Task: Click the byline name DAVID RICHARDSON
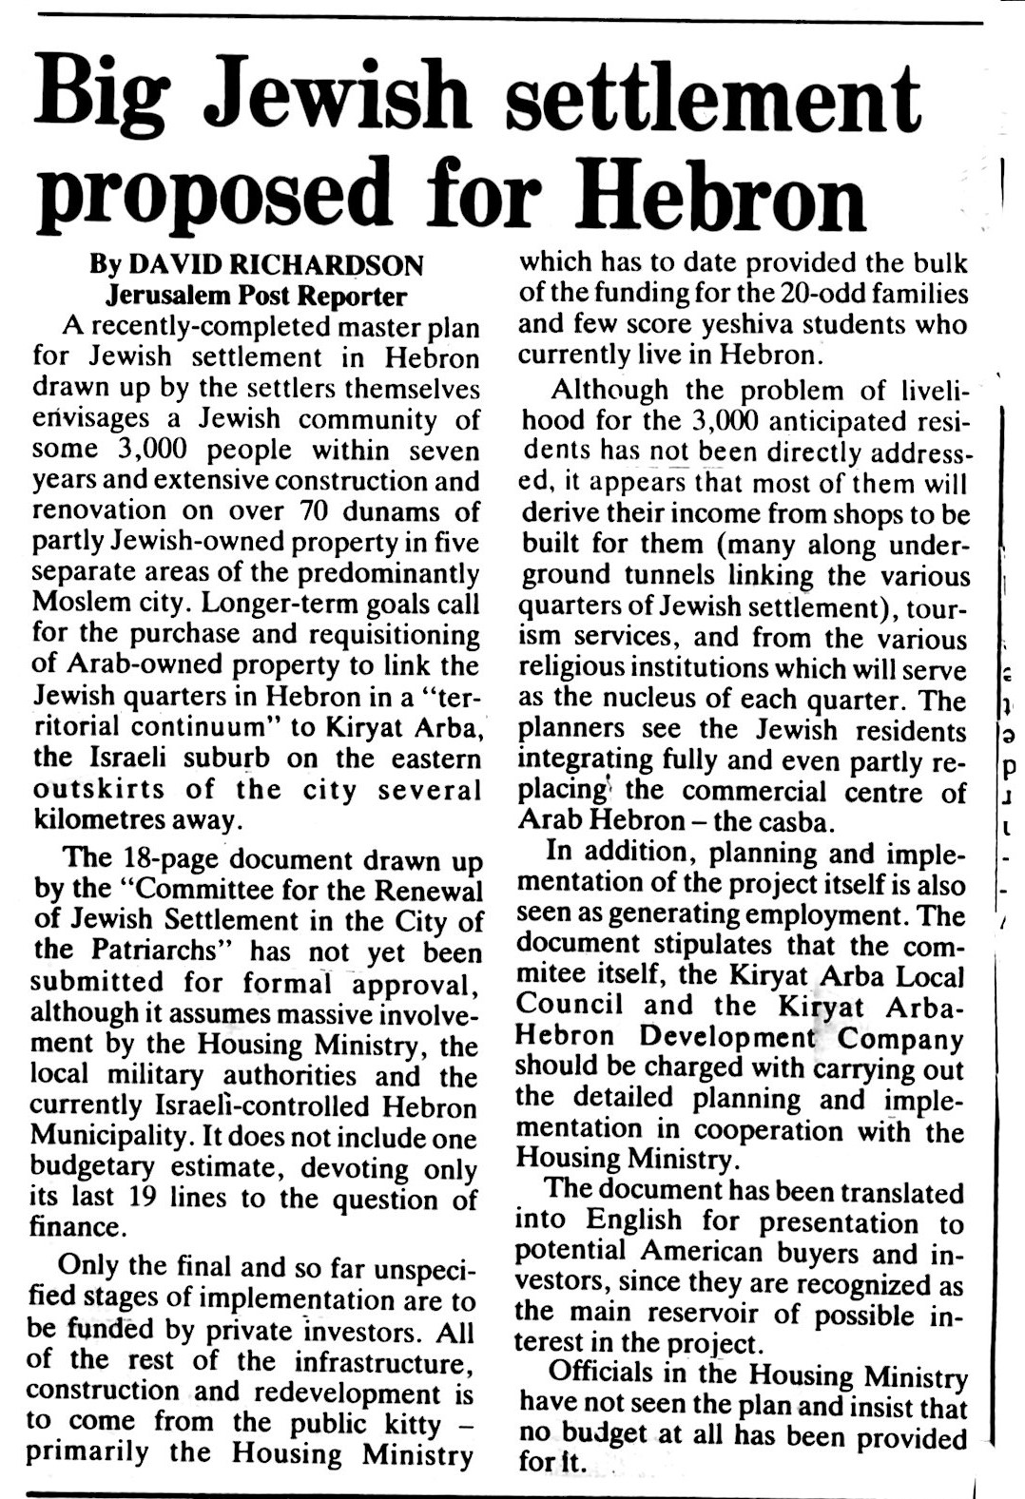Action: point(277,264)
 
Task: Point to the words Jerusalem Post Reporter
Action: point(256,296)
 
